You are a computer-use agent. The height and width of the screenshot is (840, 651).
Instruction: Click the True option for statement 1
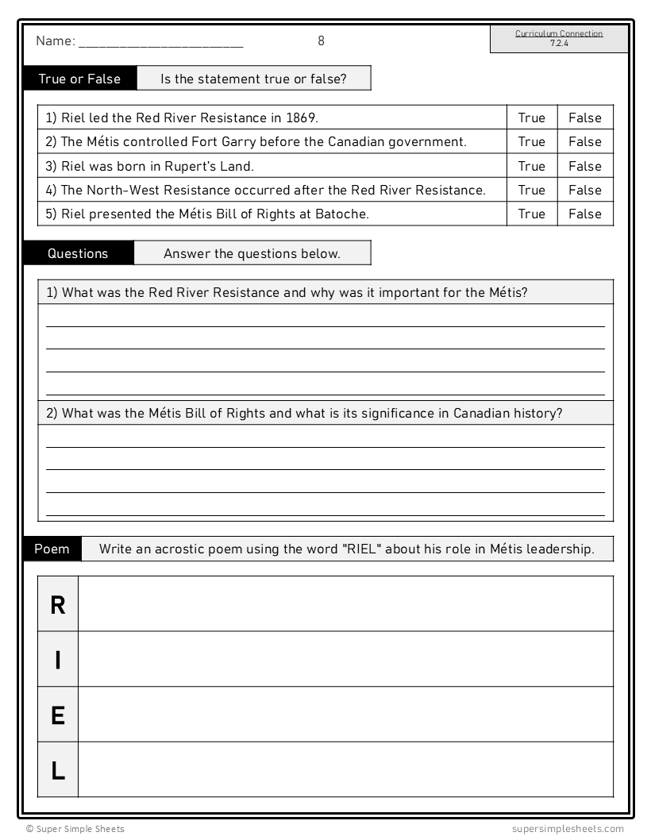coord(531,118)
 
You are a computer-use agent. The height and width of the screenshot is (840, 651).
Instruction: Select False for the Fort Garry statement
coord(584,142)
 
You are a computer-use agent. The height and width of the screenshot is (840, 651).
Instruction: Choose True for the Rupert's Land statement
coord(531,167)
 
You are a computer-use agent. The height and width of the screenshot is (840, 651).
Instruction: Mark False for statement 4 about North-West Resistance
coord(584,191)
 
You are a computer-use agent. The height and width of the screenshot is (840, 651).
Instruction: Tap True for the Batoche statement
coord(531,214)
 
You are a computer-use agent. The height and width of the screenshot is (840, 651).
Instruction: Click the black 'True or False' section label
coord(79,79)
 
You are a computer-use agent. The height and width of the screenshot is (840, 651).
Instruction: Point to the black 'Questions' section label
coord(78,254)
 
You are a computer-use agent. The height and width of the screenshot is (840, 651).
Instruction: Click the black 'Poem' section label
coord(52,549)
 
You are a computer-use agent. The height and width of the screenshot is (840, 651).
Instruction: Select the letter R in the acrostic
coord(58,605)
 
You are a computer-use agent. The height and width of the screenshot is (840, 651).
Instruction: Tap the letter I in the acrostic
coord(58,660)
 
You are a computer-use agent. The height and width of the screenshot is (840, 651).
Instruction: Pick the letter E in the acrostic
coord(58,715)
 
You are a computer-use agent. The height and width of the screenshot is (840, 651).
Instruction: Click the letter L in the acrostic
coord(58,770)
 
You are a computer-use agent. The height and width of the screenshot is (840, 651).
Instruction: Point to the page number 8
coord(321,40)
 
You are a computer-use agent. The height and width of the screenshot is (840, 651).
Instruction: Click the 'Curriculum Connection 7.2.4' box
coord(559,39)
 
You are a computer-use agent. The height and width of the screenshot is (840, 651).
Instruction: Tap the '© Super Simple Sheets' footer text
coord(75,829)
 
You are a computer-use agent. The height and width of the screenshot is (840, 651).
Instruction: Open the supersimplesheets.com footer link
coord(568,829)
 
